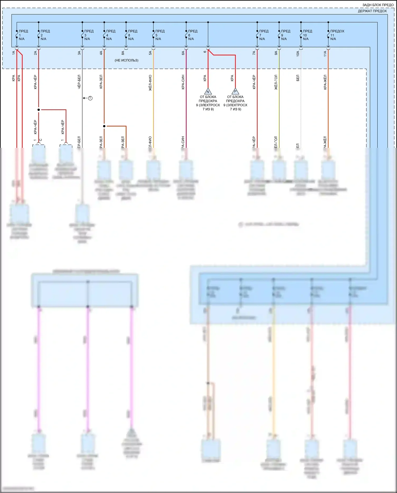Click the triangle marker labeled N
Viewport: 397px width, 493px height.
pos(208,92)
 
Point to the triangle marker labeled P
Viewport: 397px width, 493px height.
pos(235,92)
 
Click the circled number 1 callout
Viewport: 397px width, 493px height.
pos(90,98)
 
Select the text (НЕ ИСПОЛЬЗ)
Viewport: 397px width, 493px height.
pos(127,60)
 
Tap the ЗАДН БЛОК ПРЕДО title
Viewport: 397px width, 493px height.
pos(378,5)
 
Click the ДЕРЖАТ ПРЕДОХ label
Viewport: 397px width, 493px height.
pos(372,11)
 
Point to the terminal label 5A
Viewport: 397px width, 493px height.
pos(150,53)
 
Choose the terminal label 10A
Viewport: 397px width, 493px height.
pos(298,54)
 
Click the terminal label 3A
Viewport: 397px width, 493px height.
pos(79,53)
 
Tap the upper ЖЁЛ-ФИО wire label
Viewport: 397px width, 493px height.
pos(150,83)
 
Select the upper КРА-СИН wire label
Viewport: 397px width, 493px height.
pos(183,82)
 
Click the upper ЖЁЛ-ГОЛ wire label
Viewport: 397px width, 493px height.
pos(276,82)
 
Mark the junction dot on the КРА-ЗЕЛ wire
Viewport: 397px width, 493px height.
pos(104,126)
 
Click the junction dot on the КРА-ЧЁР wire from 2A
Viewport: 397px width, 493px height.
pos(39,110)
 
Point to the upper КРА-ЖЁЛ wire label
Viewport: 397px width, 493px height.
pos(325,82)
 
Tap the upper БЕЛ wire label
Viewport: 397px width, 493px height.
pos(298,78)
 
